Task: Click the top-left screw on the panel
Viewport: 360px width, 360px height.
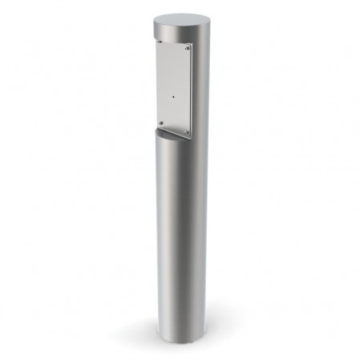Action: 160,41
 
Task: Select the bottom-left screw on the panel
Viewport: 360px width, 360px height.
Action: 161,121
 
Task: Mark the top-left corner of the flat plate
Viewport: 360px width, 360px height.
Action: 157,37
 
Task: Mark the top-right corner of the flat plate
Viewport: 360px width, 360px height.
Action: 192,45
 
